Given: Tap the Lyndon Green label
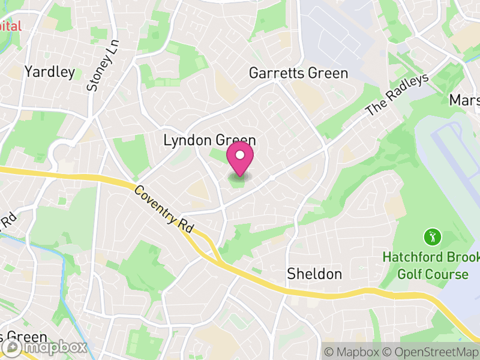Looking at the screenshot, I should tap(210, 140).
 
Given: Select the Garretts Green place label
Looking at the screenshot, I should tap(298, 73).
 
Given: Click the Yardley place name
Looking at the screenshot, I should tap(50, 73).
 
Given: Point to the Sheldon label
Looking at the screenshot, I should tap(314, 274).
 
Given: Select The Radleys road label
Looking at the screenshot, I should tap(398, 95).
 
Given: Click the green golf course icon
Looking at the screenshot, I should tap(431, 237).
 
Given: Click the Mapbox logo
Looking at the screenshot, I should tap(45, 347).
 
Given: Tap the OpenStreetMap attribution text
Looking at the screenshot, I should tap(430, 351).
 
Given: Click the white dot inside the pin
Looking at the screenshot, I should tap(240, 155).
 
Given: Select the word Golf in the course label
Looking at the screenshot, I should tap(410, 274).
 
